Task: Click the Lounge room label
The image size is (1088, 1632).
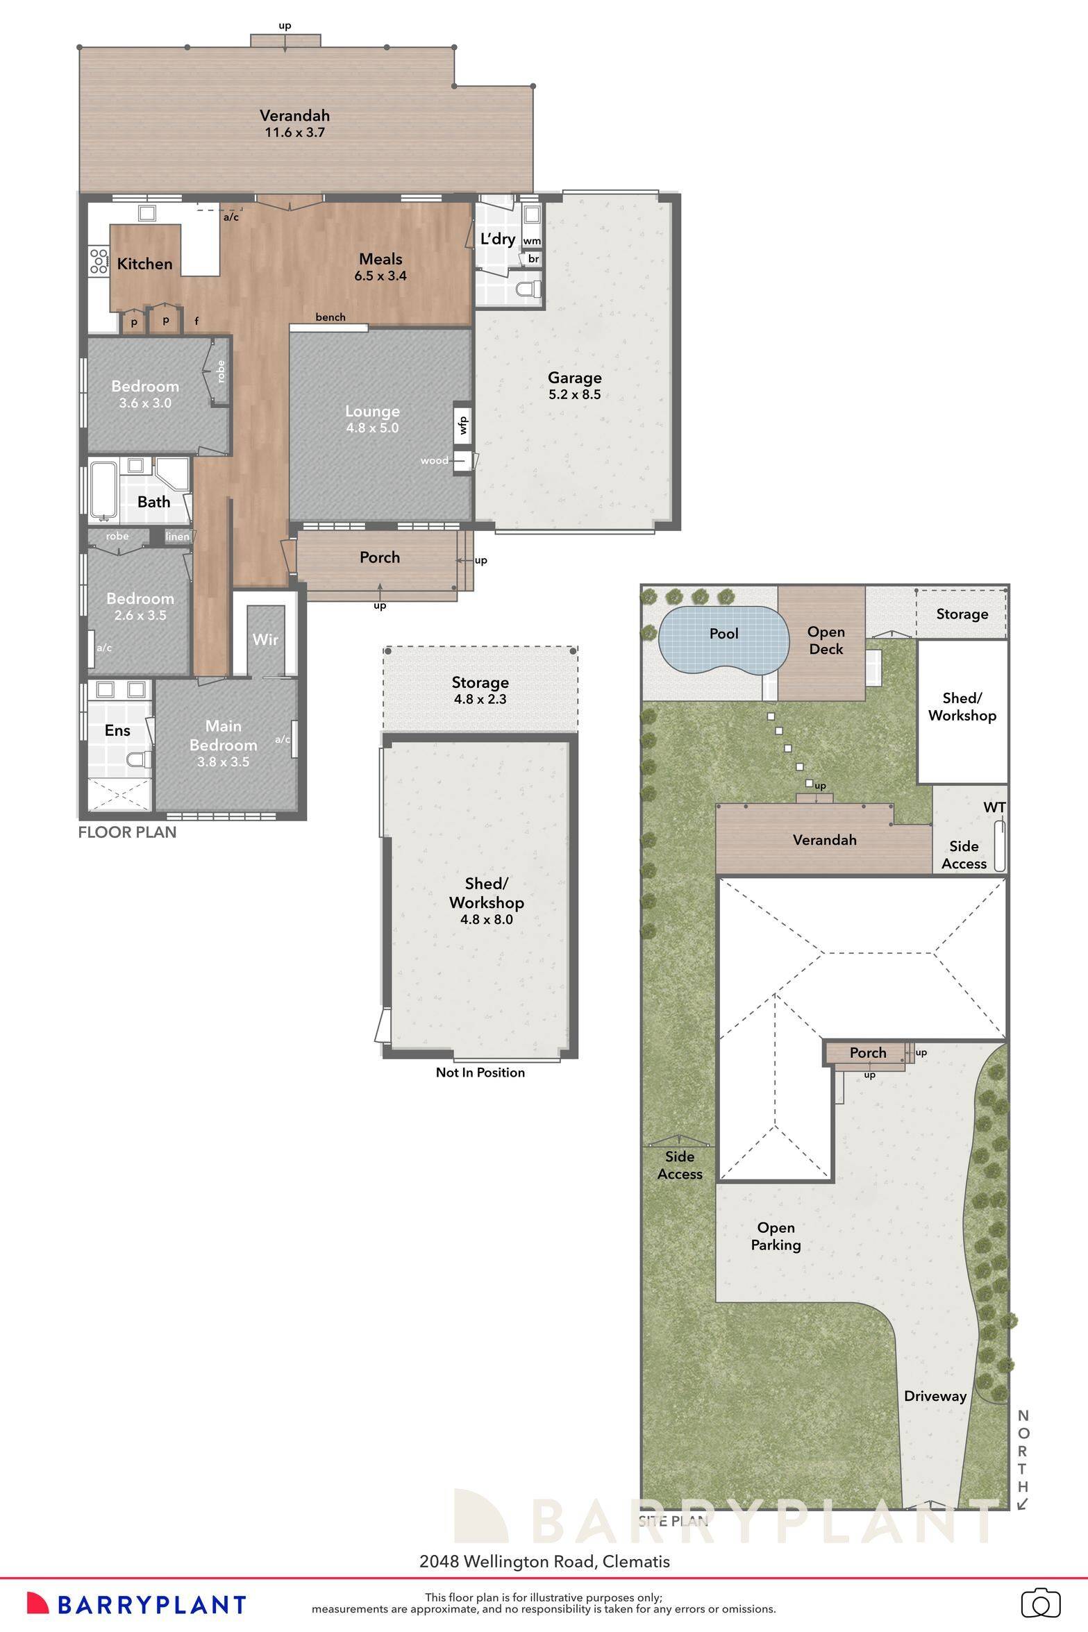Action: point(372,411)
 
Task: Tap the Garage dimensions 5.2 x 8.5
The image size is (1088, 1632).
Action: point(574,395)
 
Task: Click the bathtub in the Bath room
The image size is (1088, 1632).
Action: point(101,490)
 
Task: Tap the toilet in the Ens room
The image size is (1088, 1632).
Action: point(139,759)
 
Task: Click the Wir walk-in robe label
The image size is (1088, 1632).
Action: point(265,639)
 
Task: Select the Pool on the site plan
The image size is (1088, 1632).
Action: point(723,634)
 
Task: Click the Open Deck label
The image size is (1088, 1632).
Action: point(826,640)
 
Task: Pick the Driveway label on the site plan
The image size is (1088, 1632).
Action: point(935,1396)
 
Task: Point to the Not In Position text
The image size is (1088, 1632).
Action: point(480,1072)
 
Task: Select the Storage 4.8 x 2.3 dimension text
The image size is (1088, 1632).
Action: point(480,699)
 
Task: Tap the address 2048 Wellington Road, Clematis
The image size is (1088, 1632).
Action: point(544,1562)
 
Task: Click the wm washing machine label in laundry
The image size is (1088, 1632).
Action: point(531,241)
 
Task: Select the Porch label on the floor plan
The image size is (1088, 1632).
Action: point(380,557)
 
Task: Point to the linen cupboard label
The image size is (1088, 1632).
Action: point(177,537)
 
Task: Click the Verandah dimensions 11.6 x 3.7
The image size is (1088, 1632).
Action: point(294,132)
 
